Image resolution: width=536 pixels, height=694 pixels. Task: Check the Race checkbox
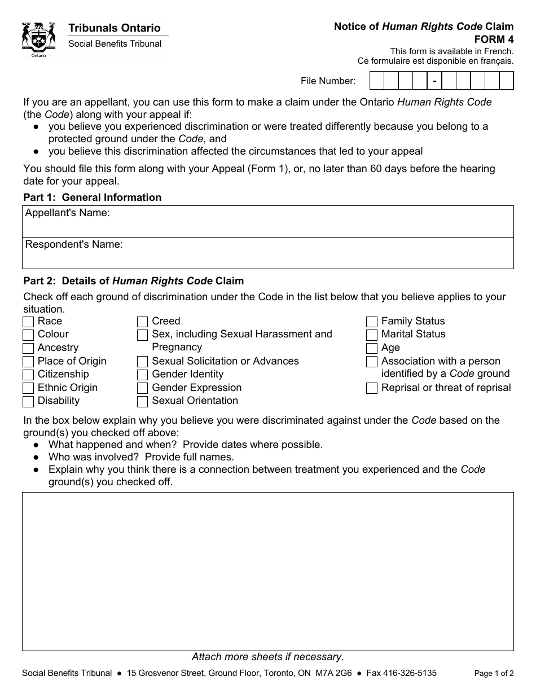(x=28, y=322)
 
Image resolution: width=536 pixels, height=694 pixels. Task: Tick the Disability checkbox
(x=28, y=401)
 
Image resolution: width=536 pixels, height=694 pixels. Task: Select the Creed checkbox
(x=143, y=322)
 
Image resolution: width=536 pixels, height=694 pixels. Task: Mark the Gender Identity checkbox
(x=143, y=375)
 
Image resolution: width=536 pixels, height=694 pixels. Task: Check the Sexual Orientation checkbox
(x=143, y=401)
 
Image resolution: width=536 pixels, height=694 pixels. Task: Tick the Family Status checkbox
(x=372, y=322)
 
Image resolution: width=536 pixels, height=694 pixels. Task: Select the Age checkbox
(x=372, y=348)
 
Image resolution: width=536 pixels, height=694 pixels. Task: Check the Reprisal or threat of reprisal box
(x=372, y=388)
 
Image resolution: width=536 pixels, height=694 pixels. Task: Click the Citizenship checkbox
(x=28, y=375)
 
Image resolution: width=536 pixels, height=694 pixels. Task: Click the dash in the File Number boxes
(x=434, y=81)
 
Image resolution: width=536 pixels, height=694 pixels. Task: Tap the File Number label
(x=328, y=81)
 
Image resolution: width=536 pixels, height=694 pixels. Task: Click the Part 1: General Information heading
(x=93, y=197)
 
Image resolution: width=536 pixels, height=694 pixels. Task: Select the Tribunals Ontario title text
(x=115, y=28)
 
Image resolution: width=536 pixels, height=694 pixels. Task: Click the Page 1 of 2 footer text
(x=494, y=673)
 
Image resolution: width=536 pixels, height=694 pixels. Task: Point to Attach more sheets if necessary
(x=268, y=657)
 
